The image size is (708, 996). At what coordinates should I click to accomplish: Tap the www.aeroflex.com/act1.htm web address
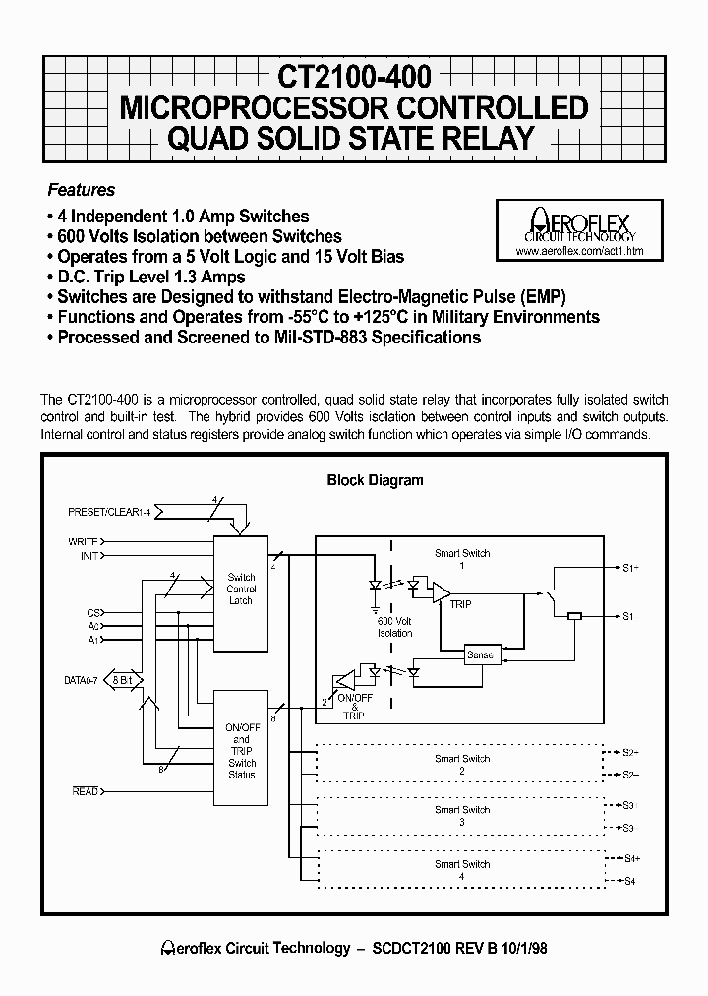[x=578, y=252]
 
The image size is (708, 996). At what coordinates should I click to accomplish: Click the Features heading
[x=82, y=190]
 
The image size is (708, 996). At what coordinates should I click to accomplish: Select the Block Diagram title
[x=375, y=480]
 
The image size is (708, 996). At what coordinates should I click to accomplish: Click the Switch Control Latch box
[x=241, y=589]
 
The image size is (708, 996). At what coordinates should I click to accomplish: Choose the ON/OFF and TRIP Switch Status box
[x=241, y=750]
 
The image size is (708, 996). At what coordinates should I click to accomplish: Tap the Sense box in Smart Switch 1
[x=481, y=654]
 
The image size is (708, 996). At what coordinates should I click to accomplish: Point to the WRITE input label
[x=83, y=541]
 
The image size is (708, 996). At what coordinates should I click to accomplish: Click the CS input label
[x=93, y=612]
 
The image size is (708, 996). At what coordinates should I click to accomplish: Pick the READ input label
[x=86, y=791]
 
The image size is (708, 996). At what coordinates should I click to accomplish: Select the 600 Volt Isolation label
[x=394, y=627]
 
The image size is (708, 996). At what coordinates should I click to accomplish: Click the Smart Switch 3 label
[x=462, y=815]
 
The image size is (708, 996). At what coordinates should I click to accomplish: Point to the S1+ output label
[x=630, y=568]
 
